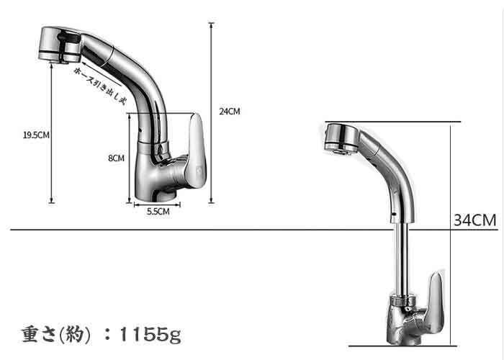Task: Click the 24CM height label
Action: pyautogui.click(x=230, y=111)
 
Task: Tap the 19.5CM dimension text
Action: pyautogui.click(x=36, y=135)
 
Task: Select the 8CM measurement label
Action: pyautogui.click(x=117, y=158)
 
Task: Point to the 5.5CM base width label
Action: pyautogui.click(x=158, y=212)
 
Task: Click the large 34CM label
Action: pyautogui.click(x=474, y=220)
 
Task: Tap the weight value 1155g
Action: pyautogui.click(x=150, y=334)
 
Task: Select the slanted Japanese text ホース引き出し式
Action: pyautogui.click(x=99, y=86)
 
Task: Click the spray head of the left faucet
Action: pyautogui.click(x=60, y=45)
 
